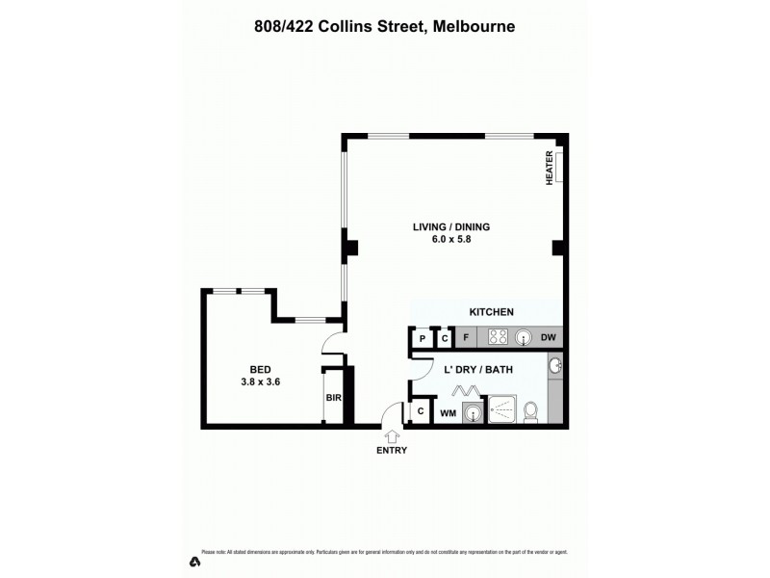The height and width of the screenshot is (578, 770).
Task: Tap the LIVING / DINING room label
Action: coord(451,227)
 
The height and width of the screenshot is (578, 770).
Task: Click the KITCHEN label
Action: coord(491,312)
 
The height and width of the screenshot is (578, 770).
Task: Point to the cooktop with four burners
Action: coord(498,337)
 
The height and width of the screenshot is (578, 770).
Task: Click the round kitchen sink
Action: coord(524,337)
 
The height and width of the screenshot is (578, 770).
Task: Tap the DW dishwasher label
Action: coord(549,337)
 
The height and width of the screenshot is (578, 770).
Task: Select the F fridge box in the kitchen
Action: coord(466,337)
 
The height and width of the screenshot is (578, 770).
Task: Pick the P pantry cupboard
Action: coord(422,338)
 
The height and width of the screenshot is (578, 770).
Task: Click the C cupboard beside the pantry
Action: coord(444,338)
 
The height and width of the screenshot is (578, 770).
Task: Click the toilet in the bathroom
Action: coord(529,411)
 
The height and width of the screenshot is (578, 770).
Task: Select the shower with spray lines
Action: coord(502,410)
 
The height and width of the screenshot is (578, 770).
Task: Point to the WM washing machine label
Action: coord(448,413)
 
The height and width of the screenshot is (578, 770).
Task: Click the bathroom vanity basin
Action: coord(553,366)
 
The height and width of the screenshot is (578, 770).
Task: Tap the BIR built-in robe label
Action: coord(333,397)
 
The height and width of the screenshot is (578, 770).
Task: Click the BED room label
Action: coord(260,369)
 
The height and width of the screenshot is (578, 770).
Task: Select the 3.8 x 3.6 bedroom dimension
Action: coord(260,381)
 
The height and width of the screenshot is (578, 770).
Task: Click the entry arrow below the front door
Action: coord(392,437)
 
